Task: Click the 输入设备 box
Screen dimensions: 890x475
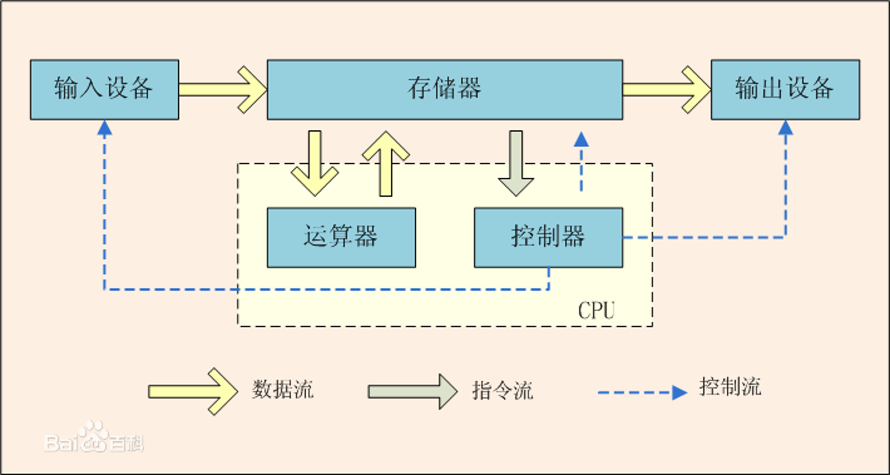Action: click(105, 90)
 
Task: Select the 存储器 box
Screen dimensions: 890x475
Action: click(445, 90)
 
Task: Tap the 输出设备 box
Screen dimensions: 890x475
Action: click(785, 90)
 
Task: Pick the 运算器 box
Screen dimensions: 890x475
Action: click(342, 237)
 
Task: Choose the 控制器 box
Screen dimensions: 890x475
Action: click(548, 237)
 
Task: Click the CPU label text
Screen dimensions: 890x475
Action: click(596, 311)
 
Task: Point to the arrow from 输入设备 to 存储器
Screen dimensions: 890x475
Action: click(223, 90)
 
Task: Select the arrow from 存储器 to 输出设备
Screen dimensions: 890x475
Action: click(667, 90)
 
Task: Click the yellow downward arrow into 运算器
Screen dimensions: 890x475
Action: click(315, 163)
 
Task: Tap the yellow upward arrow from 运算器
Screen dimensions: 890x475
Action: click(385, 163)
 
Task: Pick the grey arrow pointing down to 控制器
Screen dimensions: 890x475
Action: click(516, 163)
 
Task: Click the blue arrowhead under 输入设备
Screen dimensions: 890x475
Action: click(105, 127)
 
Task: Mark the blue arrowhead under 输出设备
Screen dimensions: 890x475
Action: click(785, 127)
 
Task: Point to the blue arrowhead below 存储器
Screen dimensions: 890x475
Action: click(581, 139)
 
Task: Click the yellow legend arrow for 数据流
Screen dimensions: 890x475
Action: click(193, 392)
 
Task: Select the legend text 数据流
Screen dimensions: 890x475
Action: click(283, 389)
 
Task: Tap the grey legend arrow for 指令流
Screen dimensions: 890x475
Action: click(413, 392)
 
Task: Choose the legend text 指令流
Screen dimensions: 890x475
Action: click(503, 390)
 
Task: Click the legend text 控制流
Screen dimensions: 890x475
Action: click(730, 387)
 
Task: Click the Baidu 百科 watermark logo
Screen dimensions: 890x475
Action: click(94, 437)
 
